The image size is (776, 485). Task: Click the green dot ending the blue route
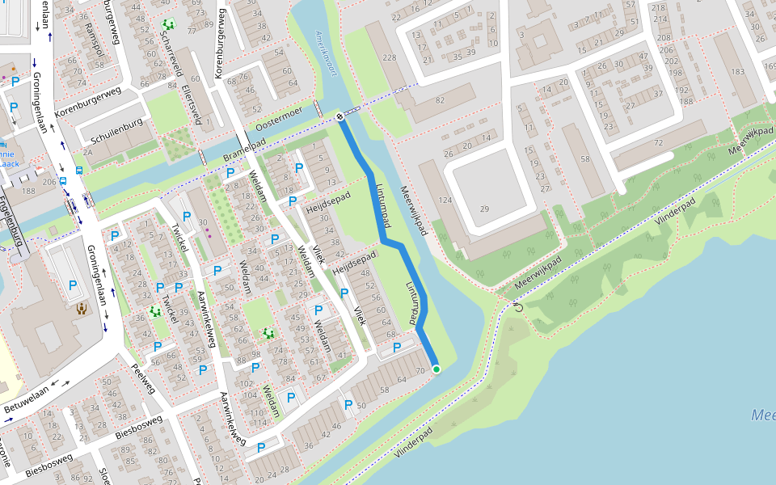point(436,369)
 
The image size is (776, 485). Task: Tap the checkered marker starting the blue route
point(340,118)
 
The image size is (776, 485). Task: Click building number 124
point(443,200)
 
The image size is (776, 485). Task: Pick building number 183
point(737,72)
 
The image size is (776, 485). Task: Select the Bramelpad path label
point(243,150)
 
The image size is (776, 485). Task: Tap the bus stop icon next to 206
point(63,181)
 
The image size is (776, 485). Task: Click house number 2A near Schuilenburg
point(87,152)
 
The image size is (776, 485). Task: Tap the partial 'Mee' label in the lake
point(762,415)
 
